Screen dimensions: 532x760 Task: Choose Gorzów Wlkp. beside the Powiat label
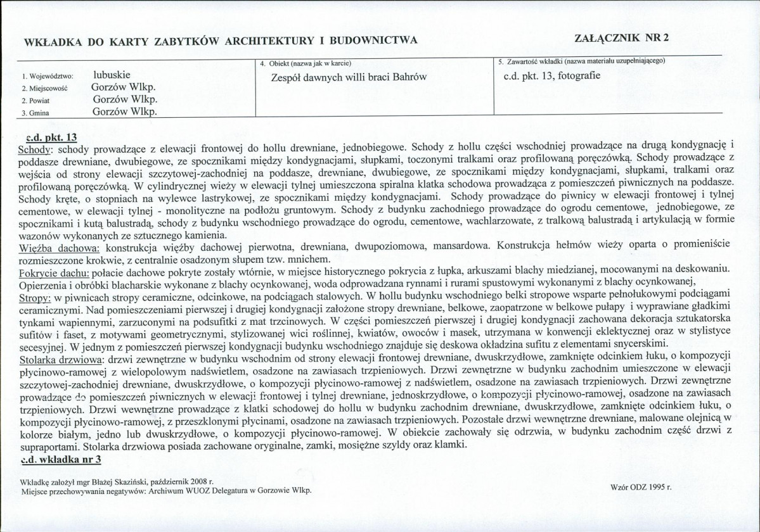click(124, 99)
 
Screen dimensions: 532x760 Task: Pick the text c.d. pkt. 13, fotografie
click(549, 76)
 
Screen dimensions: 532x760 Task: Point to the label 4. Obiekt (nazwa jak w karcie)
click(306, 63)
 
